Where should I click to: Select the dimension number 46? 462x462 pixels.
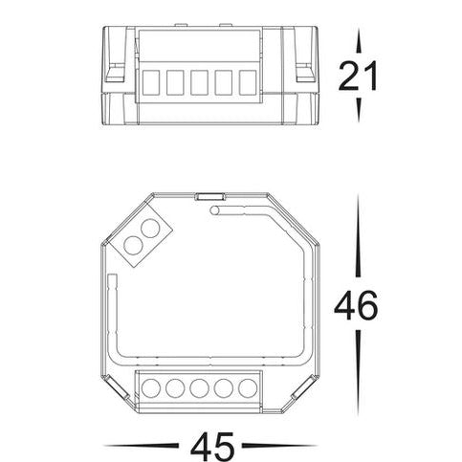356,305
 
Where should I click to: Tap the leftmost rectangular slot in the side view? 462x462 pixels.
151,82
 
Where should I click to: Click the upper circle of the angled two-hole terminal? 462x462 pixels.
150,230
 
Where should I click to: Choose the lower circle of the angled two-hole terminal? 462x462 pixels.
134,246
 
